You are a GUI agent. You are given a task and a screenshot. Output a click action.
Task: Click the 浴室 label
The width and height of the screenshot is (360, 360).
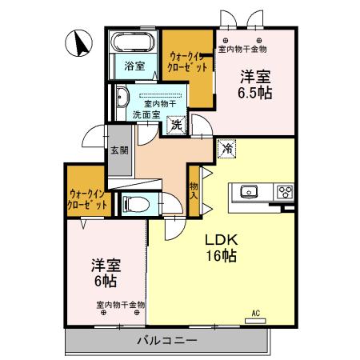(x=134, y=66)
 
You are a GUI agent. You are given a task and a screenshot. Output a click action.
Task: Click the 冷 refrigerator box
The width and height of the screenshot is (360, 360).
(x=227, y=149)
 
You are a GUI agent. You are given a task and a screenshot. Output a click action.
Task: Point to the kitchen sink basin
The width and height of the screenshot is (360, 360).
(x=248, y=191)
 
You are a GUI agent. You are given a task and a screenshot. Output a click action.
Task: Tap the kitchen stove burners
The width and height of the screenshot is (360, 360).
(x=284, y=191)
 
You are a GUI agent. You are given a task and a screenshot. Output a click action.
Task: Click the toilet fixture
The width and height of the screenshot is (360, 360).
(x=134, y=204)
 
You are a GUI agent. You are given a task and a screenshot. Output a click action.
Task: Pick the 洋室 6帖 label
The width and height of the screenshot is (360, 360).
(x=104, y=274)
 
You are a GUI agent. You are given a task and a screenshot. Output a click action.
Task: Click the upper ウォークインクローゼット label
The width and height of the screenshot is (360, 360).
(x=189, y=62)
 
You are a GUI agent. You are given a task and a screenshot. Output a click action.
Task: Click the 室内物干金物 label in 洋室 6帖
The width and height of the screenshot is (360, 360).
(x=120, y=304)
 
